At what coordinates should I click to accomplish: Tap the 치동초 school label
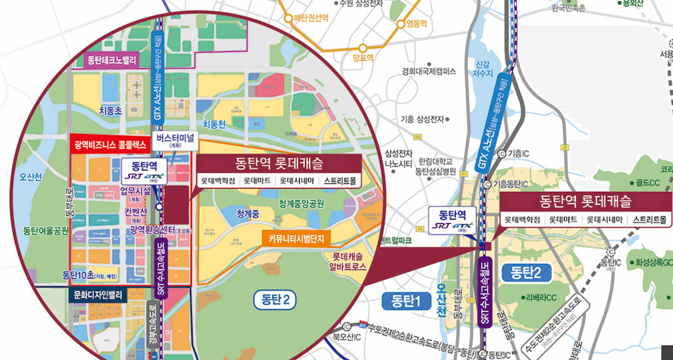pyautogui.click(x=110, y=112)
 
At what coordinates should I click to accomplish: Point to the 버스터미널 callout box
pyautogui.click(x=174, y=140)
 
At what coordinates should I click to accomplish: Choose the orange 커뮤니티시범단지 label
pyautogui.click(x=298, y=238)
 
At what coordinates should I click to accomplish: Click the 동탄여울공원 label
pyautogui.click(x=46, y=231)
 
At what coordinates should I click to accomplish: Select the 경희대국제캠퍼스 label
pyautogui.click(x=429, y=71)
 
